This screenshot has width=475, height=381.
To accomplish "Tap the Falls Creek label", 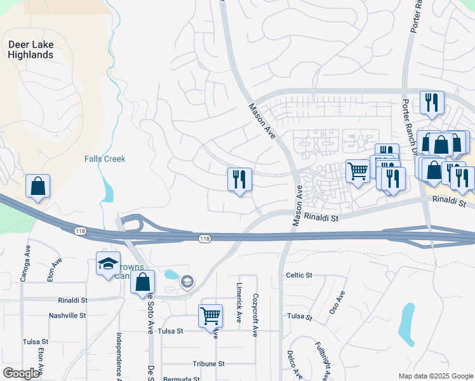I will pyautogui.click(x=105, y=159).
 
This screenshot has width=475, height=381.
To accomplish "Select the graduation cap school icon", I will pyautogui.click(x=108, y=263).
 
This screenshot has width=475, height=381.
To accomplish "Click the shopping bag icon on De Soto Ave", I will pyautogui.click(x=143, y=282).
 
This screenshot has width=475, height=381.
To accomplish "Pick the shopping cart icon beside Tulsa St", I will pyautogui.click(x=210, y=315).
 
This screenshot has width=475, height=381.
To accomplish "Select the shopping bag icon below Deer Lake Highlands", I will pyautogui.click(x=37, y=187).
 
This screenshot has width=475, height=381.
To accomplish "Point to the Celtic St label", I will pyautogui.click(x=299, y=275).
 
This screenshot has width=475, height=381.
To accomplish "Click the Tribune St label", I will pyautogui.click(x=209, y=364).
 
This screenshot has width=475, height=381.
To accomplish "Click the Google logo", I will pyautogui.click(x=21, y=373).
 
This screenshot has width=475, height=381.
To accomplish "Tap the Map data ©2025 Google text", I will pyautogui.click(x=435, y=375).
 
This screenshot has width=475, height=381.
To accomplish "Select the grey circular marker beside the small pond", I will pyautogui.click(x=187, y=281).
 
